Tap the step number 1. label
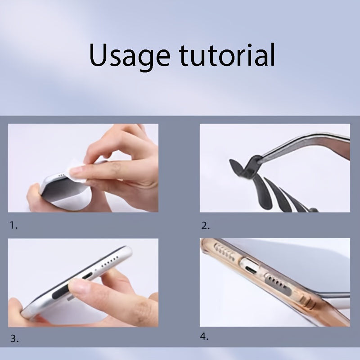[13, 225]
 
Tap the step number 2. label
[206, 226]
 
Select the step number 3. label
[14, 339]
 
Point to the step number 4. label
[204, 337]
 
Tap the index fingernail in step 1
[76, 170]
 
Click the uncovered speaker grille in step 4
[224, 252]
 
